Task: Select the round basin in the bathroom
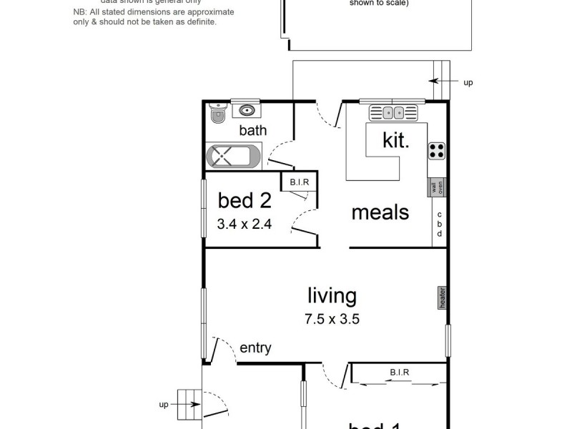(247, 111)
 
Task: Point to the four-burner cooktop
(436, 151)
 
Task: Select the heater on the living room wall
(443, 298)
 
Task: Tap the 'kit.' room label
(396, 140)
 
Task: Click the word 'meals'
(380, 212)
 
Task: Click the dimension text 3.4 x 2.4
(245, 224)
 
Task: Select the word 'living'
(332, 295)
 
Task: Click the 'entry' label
(255, 348)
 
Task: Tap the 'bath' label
(252, 131)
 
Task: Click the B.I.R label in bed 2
(300, 183)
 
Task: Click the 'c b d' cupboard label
(440, 224)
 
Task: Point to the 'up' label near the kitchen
(468, 83)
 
